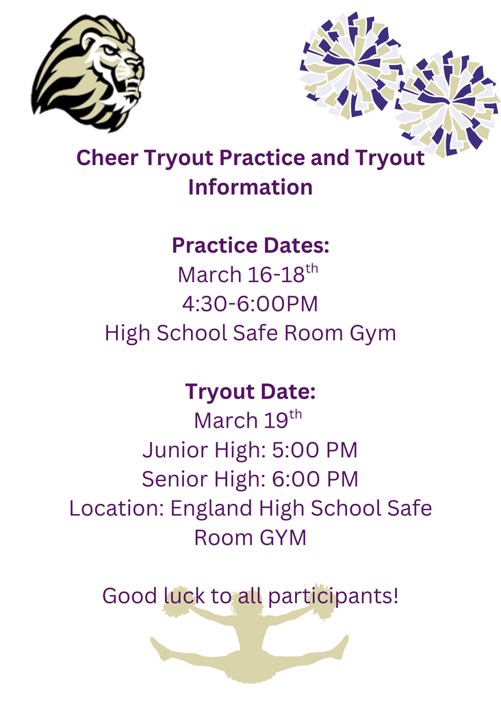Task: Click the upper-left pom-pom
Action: [x=351, y=64]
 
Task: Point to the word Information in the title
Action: [x=250, y=187]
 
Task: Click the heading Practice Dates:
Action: [x=250, y=244]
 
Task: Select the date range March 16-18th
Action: [x=248, y=274]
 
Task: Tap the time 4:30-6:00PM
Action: [x=250, y=303]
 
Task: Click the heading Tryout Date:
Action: [x=250, y=392]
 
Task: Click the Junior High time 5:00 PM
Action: [x=313, y=450]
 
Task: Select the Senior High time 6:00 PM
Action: [x=315, y=479]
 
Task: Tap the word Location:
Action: [x=116, y=509]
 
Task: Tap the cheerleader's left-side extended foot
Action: [x=159, y=647]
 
